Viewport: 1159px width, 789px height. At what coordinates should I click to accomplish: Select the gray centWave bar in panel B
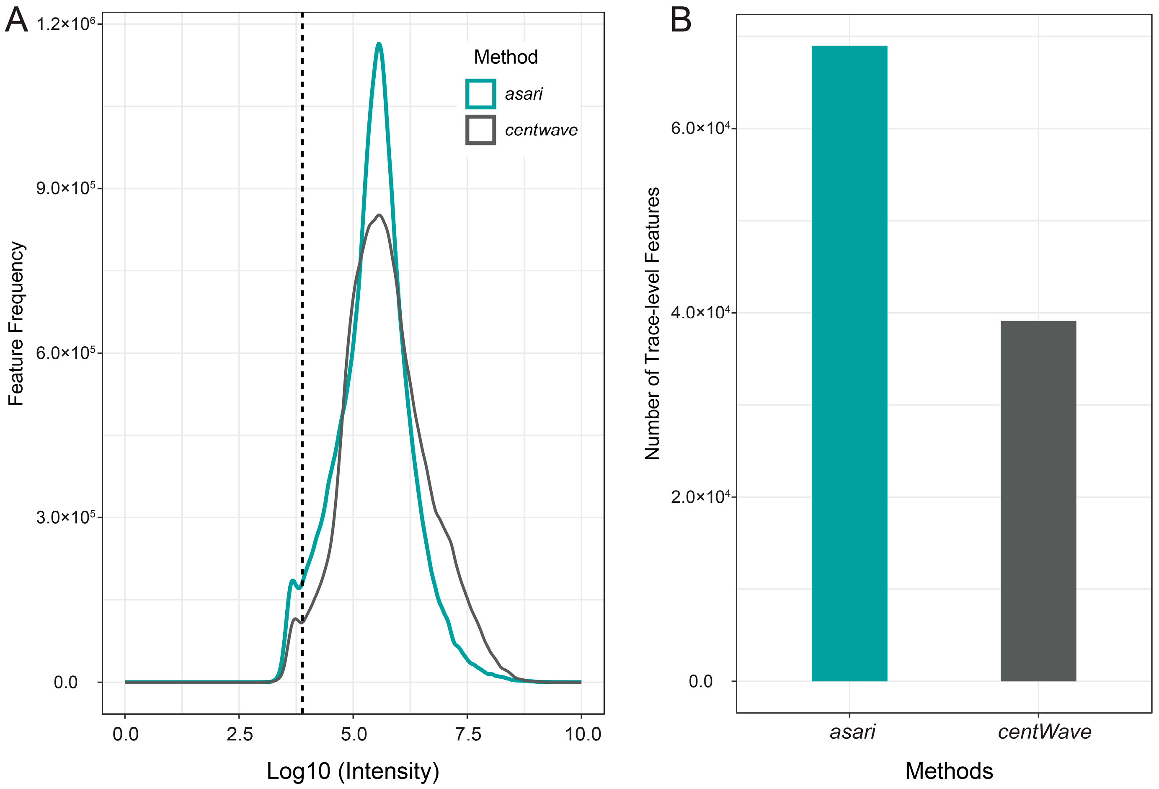[x=1038, y=501]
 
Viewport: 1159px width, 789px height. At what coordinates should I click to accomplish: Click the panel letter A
[x=16, y=21]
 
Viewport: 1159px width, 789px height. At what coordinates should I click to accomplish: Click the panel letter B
[x=680, y=21]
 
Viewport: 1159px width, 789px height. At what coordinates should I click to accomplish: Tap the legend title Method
[x=505, y=57]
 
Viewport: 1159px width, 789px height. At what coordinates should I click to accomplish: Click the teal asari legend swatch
[x=480, y=94]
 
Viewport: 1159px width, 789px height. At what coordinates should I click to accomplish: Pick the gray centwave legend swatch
[x=480, y=130]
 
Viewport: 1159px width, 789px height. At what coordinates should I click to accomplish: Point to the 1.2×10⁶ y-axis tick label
[x=65, y=24]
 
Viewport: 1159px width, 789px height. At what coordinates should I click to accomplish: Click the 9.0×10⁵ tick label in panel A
[x=65, y=189]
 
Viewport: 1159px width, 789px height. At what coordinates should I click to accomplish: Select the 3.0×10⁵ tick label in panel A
[x=65, y=517]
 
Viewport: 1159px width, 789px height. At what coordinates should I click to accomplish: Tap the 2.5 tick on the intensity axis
[x=239, y=734]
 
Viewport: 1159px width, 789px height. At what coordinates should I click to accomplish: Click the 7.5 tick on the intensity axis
[x=468, y=734]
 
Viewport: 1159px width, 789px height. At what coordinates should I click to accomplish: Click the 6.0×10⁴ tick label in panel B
[x=700, y=129]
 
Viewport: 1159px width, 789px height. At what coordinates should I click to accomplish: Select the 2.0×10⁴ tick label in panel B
[x=700, y=497]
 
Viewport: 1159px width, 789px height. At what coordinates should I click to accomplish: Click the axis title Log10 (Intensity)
[x=353, y=771]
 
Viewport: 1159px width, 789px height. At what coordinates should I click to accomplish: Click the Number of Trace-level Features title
[x=652, y=323]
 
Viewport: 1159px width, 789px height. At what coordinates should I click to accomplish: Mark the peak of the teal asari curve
[x=379, y=44]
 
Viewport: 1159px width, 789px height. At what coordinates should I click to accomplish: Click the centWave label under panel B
[x=1044, y=732]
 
